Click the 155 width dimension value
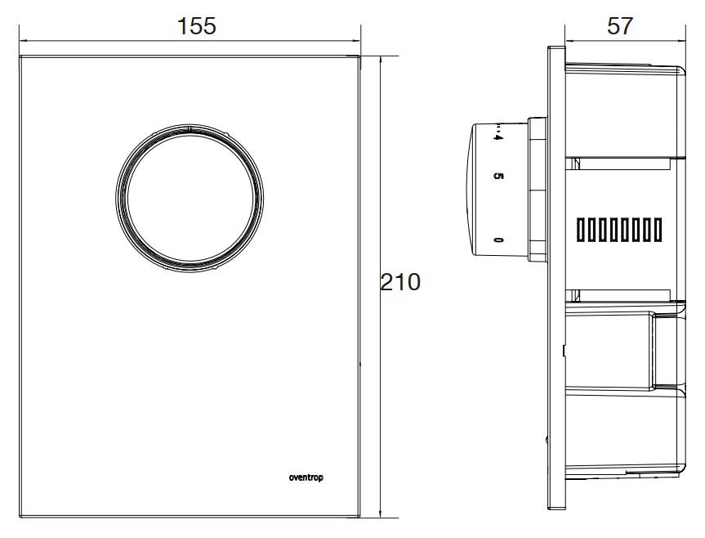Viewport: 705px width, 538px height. coord(197,25)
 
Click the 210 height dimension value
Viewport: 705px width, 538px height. coord(400,282)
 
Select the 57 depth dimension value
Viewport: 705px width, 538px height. coord(620,25)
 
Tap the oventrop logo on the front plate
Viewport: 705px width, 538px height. coord(306,477)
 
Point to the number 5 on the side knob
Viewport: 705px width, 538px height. coord(499,176)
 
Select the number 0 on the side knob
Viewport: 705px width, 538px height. coord(499,240)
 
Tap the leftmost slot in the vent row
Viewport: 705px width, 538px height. coord(579,230)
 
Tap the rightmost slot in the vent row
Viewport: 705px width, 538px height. coord(657,230)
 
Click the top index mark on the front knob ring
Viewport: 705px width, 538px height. coord(190,128)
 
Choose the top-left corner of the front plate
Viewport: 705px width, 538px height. coord(21,56)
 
